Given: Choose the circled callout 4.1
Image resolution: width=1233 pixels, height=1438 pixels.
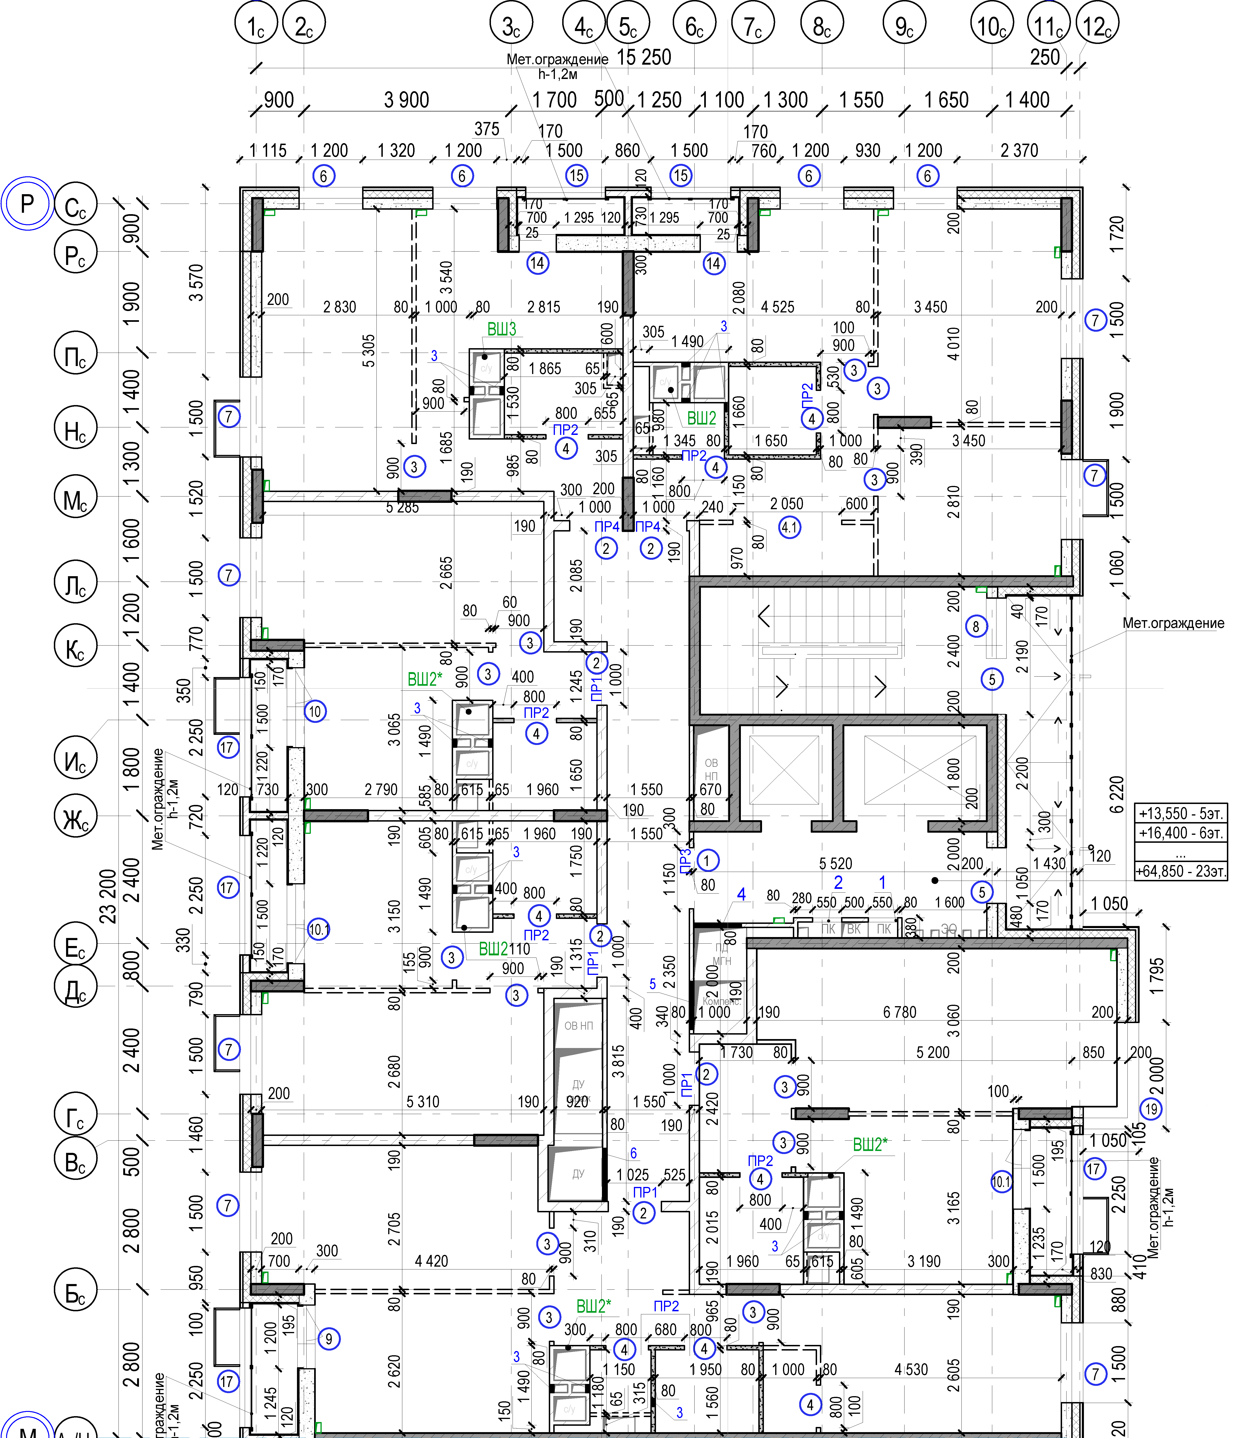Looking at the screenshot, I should click(789, 528).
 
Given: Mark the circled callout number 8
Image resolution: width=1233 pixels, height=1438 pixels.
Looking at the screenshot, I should click(976, 627).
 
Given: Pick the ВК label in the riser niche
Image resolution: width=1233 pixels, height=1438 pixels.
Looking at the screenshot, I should click(854, 929).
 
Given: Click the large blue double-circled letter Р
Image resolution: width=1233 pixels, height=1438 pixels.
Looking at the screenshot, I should click(26, 204).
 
